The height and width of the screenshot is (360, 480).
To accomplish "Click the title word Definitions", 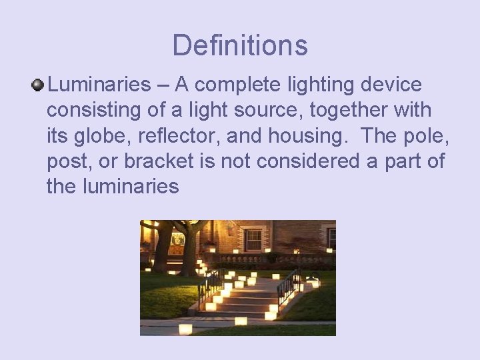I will click(240, 45).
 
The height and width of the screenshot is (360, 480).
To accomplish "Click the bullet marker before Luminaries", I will click(38, 85).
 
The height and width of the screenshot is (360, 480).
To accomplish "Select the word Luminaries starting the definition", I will click(99, 85).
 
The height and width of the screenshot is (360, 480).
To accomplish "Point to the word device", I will click(391, 85).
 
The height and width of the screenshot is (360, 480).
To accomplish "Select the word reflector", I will click(179, 135).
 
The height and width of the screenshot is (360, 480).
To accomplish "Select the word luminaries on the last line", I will click(131, 186).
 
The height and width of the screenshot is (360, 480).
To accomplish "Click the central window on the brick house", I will click(253, 239).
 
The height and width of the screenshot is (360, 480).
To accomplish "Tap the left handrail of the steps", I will click(211, 285).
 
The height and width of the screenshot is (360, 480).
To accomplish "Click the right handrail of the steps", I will click(287, 285).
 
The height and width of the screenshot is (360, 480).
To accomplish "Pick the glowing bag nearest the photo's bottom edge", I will click(185, 328).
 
